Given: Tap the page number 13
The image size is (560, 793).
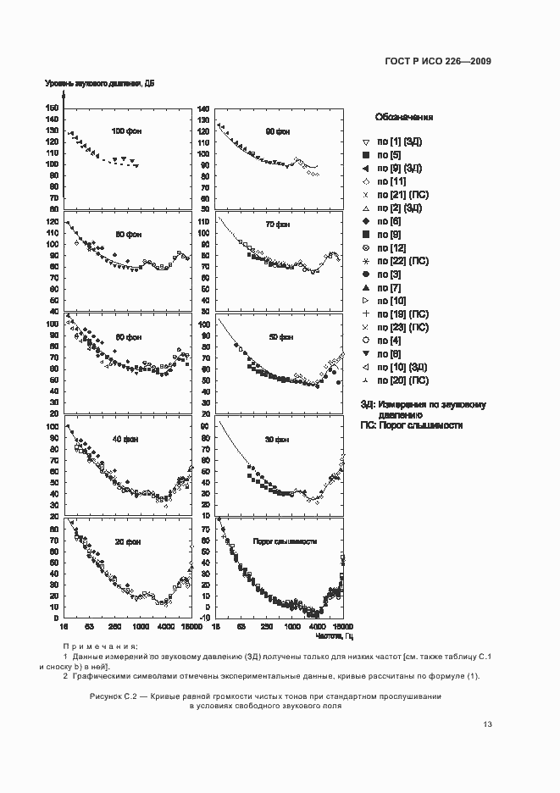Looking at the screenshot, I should pos(487,724).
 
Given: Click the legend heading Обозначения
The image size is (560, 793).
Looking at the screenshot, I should pos(404,118).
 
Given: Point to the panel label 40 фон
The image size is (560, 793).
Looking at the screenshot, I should pos(128,439).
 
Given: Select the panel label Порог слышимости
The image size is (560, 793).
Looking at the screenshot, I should pos(286,541).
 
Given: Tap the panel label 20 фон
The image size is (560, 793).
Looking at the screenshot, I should pos(128,541).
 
